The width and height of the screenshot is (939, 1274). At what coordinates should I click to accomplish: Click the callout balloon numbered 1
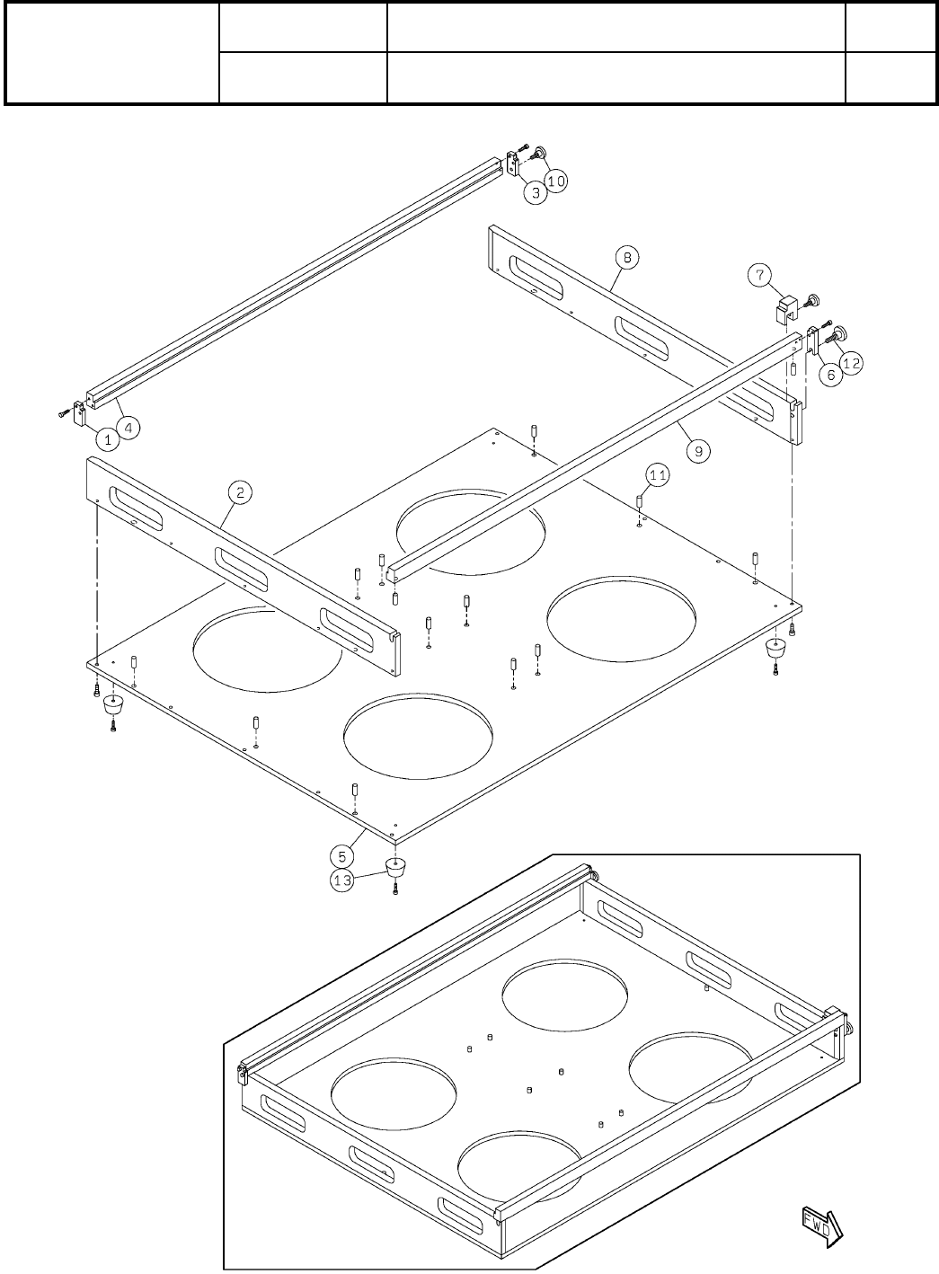coord(108,440)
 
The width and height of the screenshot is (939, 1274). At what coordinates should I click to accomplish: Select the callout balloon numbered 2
coord(240,491)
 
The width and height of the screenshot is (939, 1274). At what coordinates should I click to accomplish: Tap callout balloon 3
coord(535,192)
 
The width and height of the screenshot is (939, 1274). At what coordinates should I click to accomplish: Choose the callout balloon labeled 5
coord(339,854)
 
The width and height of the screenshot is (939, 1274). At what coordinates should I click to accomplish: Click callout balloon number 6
coord(830,375)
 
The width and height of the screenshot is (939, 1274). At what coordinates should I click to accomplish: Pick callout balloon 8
coord(627,258)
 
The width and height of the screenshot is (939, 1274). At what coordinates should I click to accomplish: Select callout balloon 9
coord(698,451)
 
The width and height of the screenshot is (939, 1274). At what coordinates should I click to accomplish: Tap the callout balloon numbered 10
coord(556,181)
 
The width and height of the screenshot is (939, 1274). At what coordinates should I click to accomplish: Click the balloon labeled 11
coord(659,475)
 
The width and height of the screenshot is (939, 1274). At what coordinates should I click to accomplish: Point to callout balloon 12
coord(851,363)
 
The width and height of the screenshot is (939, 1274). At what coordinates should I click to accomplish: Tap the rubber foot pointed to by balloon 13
coord(394,868)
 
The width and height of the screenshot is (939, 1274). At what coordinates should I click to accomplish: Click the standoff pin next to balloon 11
coord(639,500)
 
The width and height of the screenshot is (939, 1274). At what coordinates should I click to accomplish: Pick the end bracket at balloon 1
coord(80,413)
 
